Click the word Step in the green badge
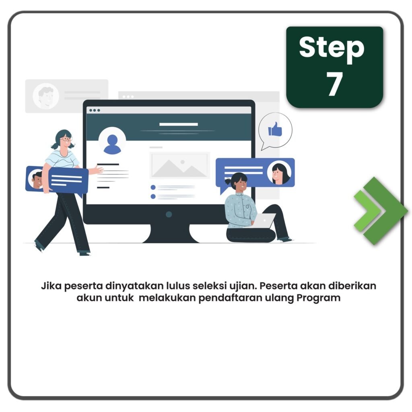click(x=332, y=49)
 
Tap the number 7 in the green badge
click(x=334, y=83)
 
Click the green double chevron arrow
click(x=381, y=211)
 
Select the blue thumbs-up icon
click(x=275, y=129)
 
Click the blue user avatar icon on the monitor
click(x=112, y=144)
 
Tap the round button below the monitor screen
click(x=169, y=214)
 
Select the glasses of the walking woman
click(x=66, y=139)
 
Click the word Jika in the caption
click(x=51, y=286)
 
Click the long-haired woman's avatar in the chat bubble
click(x=279, y=173)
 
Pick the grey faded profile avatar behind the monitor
click(x=46, y=96)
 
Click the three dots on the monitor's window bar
click(x=95, y=110)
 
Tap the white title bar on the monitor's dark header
click(x=179, y=124)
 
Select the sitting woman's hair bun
click(x=228, y=181)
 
